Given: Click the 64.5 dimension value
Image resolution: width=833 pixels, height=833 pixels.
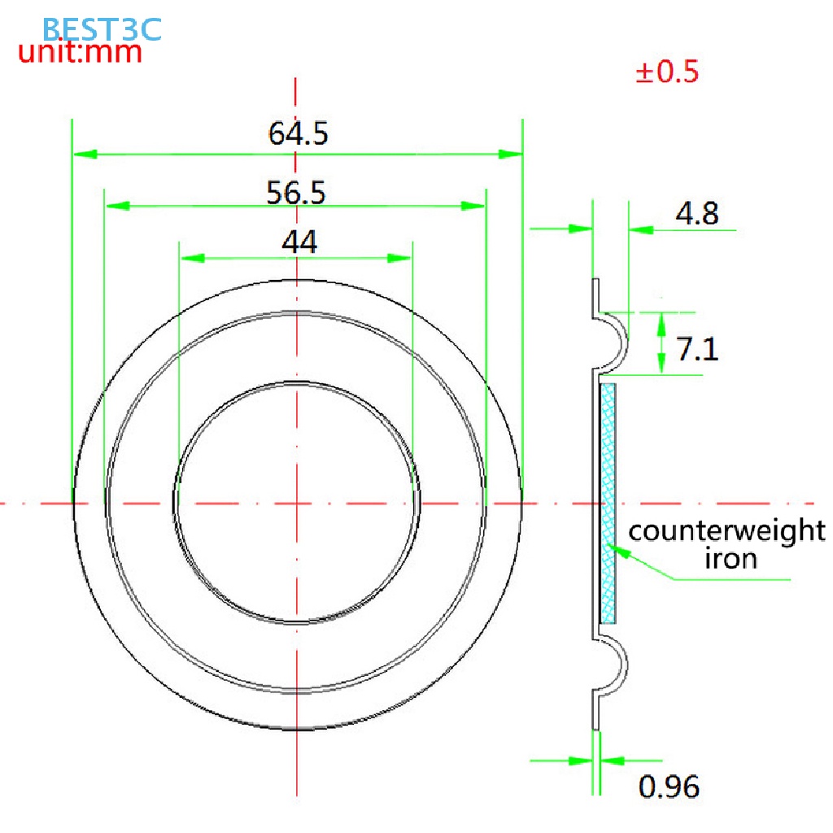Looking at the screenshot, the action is click(x=298, y=133).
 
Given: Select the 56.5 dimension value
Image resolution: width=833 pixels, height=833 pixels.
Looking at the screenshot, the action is click(x=296, y=192).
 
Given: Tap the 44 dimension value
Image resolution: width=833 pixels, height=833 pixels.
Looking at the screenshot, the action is click(x=299, y=242).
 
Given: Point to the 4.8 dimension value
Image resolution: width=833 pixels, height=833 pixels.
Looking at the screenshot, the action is click(x=697, y=214).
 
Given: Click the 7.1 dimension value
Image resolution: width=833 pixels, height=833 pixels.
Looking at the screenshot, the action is click(x=697, y=349).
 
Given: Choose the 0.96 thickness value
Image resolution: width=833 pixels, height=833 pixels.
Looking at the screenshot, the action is click(x=669, y=787).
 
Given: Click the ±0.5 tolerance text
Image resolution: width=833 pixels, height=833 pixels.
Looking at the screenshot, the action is click(x=667, y=72).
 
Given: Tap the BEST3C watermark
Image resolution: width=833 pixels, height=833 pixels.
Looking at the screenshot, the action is click(x=102, y=29).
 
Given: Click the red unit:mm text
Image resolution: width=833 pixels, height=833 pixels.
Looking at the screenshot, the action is click(x=81, y=52).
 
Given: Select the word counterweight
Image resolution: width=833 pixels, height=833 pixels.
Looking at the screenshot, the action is click(x=726, y=530).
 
